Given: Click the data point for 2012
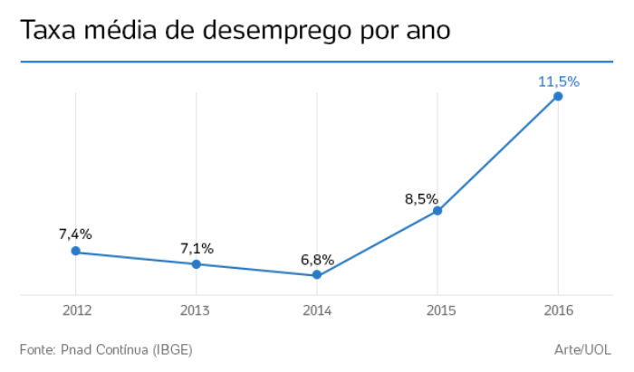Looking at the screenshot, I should pos(76,251).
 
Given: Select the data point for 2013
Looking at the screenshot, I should pos(196,264).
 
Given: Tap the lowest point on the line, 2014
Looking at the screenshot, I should pos(317,275).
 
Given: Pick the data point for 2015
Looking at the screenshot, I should pos(437,211).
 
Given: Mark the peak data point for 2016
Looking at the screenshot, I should pos(558,96).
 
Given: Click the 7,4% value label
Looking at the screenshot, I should pos(76,234).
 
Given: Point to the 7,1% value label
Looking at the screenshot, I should pos(197,247).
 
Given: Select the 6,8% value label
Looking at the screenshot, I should pos(317,259).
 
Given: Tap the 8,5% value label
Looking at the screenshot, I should pos(421,198).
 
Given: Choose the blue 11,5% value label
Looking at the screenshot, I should pos(558,81).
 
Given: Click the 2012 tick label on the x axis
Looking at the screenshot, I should pos(76,310).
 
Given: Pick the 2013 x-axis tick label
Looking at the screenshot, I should pos(196,310).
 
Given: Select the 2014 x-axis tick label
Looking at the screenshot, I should pos(317,310).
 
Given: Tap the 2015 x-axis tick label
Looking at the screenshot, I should pos(437,310).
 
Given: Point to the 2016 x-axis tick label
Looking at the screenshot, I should pos(558,310).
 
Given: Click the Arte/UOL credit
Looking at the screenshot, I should pos(583,349).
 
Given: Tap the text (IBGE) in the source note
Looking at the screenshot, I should pos(172,349).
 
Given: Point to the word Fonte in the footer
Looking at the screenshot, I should pos(37,349).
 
